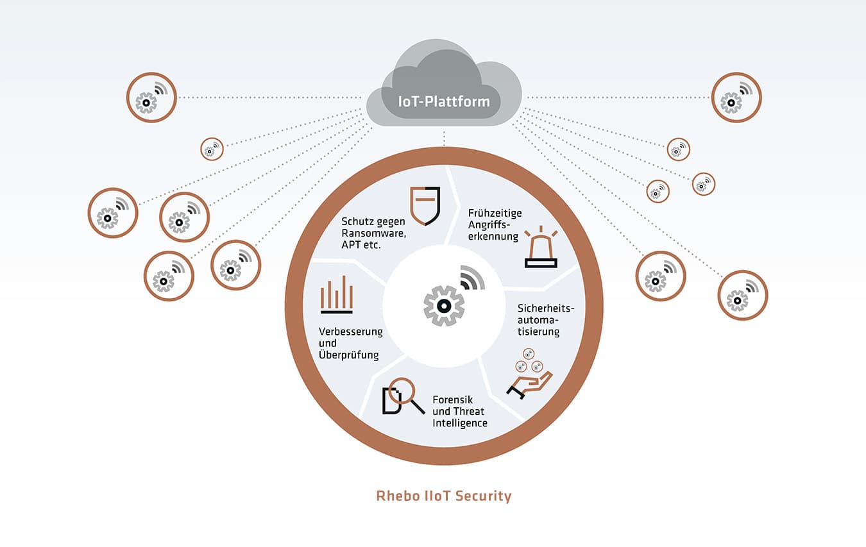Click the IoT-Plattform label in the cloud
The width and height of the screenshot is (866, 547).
pos(444,102)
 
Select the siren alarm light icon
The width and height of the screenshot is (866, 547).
pos(541,248)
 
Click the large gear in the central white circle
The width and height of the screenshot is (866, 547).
pos(444,306)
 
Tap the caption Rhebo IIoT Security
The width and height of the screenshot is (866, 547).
pos(444,496)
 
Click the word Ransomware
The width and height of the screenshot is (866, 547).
pos(373,233)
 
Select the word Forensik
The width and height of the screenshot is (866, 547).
pos(453,400)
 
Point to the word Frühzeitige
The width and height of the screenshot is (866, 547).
pos(495,213)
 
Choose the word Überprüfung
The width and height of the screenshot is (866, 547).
pos(349,355)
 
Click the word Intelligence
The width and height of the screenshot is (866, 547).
pos(460,423)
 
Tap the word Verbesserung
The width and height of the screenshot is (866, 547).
pos(351,332)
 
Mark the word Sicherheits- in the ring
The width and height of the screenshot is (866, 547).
pos(546,308)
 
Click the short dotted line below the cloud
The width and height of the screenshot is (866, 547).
pos(444,138)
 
